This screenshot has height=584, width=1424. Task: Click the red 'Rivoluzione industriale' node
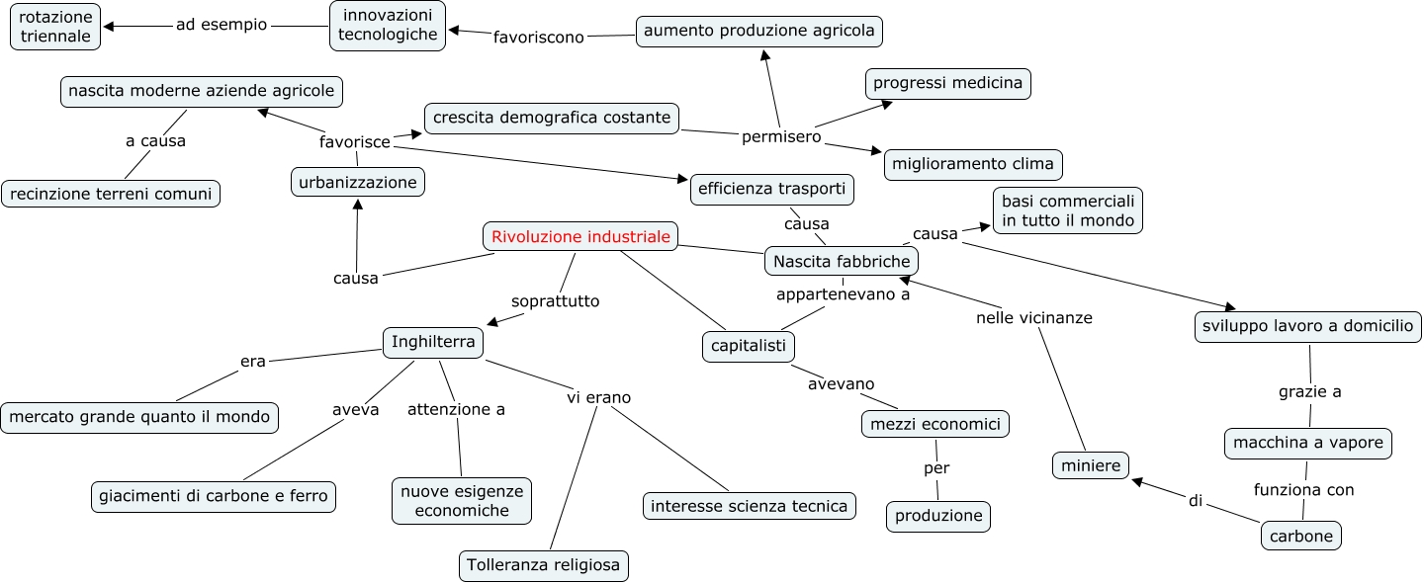tap(581, 237)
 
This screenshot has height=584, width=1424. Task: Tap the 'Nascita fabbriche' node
tap(842, 262)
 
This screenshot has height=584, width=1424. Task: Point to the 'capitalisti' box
tap(749, 346)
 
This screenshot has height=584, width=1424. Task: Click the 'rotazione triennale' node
tap(56, 27)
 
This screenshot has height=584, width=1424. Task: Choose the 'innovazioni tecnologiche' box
tap(388, 26)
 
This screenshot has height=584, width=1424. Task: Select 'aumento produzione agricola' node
tap(759, 32)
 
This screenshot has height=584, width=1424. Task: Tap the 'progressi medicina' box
tap(948, 84)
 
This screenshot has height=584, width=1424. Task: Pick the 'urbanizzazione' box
tap(359, 182)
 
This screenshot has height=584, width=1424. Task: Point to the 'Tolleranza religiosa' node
tap(545, 566)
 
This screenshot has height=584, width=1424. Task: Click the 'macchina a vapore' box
tap(1308, 443)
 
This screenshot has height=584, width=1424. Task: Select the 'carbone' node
tap(1302, 537)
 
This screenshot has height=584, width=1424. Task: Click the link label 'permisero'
tap(781, 136)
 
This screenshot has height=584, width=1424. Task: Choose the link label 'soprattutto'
tap(555, 300)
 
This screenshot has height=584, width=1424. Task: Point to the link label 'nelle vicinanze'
tap(1033, 318)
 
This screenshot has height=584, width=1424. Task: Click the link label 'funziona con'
tap(1303, 489)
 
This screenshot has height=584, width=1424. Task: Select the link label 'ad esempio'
tap(222, 26)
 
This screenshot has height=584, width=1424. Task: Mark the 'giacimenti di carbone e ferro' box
tap(214, 496)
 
